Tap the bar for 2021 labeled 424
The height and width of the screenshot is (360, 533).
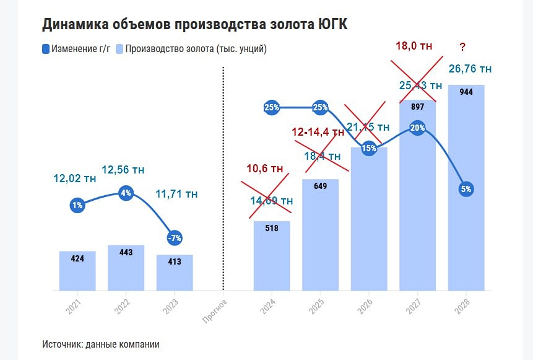[77, 270]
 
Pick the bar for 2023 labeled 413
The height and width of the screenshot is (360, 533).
[175, 272]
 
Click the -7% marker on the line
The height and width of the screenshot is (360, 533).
[175, 238]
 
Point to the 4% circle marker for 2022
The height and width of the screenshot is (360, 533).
[126, 193]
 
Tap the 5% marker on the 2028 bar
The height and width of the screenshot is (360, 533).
[466, 189]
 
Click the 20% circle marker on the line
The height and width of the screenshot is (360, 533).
[417, 128]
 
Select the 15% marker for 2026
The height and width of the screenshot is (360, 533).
[369, 149]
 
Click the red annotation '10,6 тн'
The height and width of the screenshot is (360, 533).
[264, 169]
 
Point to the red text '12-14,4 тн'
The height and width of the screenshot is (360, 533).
[318, 132]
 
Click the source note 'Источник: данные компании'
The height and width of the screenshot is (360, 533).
[101, 344]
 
